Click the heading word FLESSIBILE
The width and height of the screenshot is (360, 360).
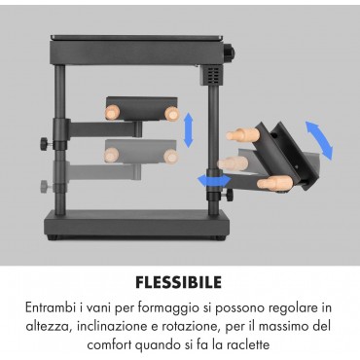[x=179, y=282]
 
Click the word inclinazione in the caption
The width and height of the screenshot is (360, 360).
[x=112, y=326]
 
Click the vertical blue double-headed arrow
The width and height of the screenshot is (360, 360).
[x=188, y=130]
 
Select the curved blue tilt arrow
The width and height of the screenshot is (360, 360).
[x=319, y=139]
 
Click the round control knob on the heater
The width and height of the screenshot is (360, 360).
[x=231, y=52]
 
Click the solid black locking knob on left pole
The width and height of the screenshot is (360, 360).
[x=46, y=143]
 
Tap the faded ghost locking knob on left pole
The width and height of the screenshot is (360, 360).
[x=46, y=187]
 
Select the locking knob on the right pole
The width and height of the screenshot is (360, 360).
[x=230, y=195]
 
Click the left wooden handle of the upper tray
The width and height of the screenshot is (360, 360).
[x=112, y=113]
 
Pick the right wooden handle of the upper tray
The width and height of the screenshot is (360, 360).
[x=172, y=114]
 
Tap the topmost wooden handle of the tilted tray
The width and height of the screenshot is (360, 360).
[x=243, y=134]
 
